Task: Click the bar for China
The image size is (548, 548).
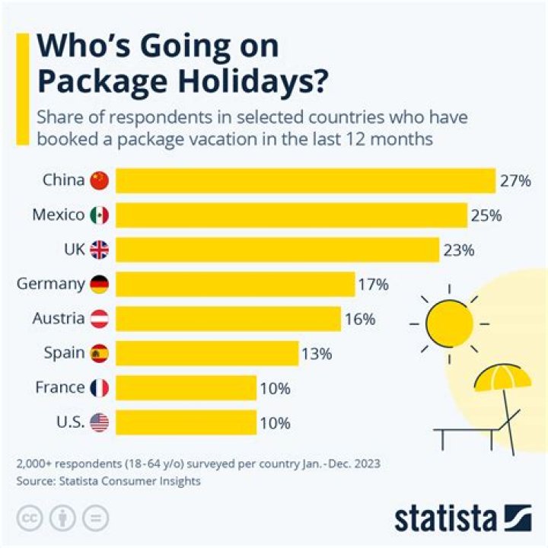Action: point(304,181)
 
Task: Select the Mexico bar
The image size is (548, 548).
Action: point(291,215)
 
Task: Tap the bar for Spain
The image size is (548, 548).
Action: point(206,353)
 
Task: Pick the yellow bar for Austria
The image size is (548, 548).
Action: point(228,319)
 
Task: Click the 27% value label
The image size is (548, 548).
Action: point(515,181)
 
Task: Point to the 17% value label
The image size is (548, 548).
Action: point(373,285)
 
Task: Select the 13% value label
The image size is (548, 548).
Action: point(316,353)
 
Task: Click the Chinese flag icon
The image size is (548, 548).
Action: point(100,181)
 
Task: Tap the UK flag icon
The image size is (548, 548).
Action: point(100,250)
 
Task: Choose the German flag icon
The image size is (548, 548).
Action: point(100,285)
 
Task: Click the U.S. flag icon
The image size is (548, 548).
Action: point(100,422)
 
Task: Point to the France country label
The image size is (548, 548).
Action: point(59,387)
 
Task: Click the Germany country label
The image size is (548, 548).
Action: point(50,284)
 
